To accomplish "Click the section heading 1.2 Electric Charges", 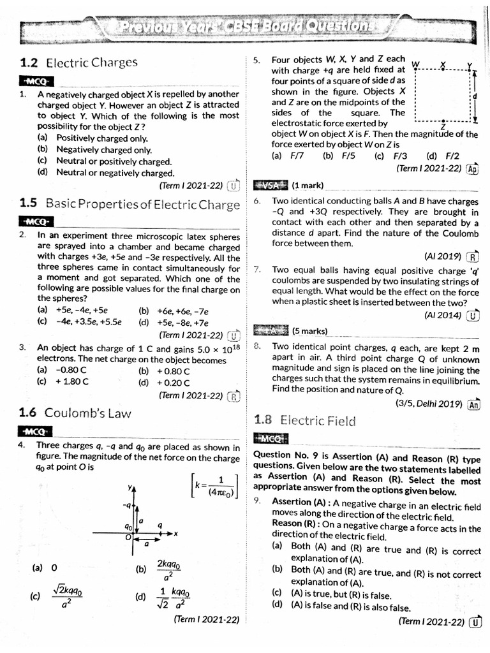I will (78, 62).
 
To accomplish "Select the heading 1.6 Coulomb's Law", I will (75, 413).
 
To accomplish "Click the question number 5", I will (256, 60).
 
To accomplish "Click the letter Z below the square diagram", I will (443, 127).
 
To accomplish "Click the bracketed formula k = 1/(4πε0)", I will (215, 486).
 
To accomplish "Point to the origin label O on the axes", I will (128, 538).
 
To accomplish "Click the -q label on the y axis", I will (128, 505).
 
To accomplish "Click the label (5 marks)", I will (309, 331).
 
